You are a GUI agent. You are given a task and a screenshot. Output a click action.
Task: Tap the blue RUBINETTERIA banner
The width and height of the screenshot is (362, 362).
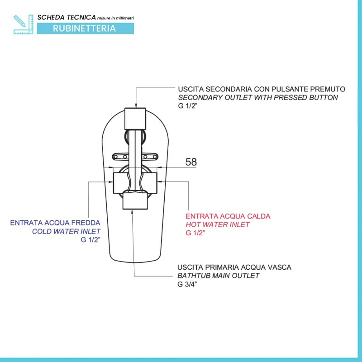point(84,28)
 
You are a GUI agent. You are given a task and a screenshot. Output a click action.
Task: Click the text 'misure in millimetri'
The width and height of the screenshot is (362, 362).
point(115,17)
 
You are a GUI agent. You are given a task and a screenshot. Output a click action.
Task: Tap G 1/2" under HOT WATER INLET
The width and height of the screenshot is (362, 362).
point(195,233)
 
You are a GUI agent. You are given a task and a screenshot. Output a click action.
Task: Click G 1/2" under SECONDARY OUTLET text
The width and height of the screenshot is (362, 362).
point(188,106)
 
